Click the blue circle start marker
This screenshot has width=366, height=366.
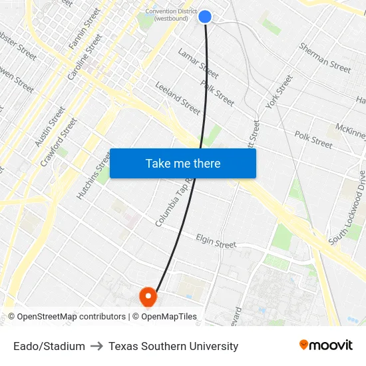[x=205, y=17]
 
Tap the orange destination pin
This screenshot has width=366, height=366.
[x=146, y=296]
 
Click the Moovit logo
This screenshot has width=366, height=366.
[x=325, y=345]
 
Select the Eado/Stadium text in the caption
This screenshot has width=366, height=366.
[x=49, y=346]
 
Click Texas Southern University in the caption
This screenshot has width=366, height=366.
[x=173, y=346]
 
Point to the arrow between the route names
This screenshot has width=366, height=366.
[x=96, y=346]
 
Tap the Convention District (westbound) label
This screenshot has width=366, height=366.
[x=171, y=15]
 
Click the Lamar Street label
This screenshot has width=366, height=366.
[x=198, y=63]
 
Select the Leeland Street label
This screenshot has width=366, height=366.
[x=178, y=98]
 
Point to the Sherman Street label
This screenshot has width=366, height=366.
[x=325, y=58]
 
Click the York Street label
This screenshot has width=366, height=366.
[x=279, y=92]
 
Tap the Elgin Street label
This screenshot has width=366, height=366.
[x=216, y=241]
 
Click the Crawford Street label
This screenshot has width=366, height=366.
[x=59, y=142]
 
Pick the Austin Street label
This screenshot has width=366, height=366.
[x=50, y=127]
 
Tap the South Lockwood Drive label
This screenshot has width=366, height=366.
[x=347, y=207]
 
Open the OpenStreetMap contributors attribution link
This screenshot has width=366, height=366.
[x=71, y=317]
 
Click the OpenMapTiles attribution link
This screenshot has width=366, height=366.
[x=168, y=317]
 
